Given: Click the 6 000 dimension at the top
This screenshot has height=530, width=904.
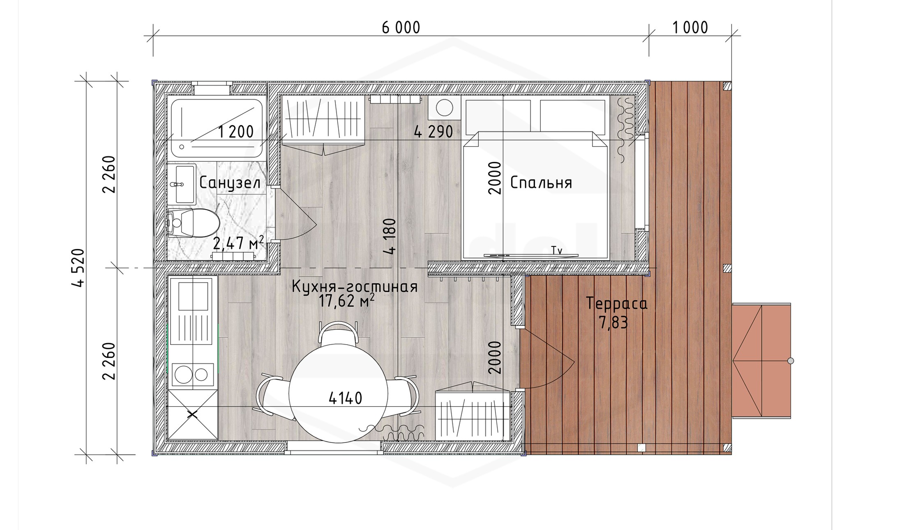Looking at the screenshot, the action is [401, 28].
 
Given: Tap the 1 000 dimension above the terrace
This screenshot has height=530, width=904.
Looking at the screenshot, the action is [690, 28].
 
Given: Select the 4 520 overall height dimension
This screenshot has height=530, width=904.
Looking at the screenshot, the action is [79, 267].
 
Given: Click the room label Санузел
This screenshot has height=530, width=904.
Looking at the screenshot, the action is [230, 183].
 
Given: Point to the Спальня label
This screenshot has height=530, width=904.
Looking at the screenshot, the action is [541, 182].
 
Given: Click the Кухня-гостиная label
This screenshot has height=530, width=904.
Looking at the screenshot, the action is [355, 286].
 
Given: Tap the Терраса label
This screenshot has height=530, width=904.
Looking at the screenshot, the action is [617, 304].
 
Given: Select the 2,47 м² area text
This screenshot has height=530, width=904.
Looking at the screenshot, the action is [238, 243].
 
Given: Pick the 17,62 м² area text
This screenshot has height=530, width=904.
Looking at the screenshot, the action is [346, 301].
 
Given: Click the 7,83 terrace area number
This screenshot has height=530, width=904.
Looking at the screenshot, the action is [613, 323].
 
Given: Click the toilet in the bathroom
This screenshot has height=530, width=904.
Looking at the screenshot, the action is [193, 223].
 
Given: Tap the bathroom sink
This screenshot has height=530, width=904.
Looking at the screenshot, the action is [181, 184].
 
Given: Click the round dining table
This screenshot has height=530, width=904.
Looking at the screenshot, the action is [338, 393].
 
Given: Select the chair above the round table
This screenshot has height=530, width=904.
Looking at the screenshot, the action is [339, 333].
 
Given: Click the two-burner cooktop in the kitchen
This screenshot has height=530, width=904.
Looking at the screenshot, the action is [192, 374].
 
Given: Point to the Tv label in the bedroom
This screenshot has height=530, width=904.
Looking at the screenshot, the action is [557, 250].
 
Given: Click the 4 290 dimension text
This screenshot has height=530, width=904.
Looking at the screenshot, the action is [434, 132].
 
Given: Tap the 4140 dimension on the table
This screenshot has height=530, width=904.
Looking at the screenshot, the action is [346, 398].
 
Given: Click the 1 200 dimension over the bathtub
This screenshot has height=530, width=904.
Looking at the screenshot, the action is [236, 132].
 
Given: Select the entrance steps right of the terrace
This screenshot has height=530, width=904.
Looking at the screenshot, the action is [761, 361].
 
